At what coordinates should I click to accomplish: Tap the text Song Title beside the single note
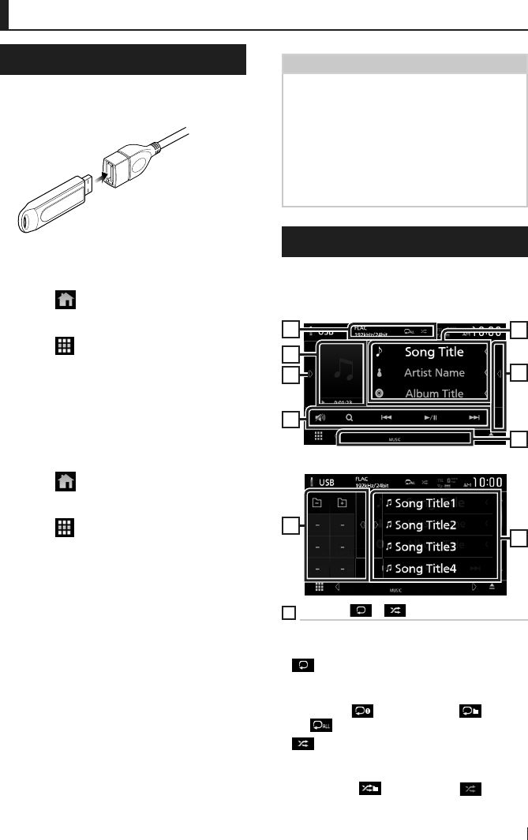click(x=434, y=352)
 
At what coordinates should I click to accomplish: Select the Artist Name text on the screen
click(x=434, y=372)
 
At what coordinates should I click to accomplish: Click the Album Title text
click(x=434, y=393)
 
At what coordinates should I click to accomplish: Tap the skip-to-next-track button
click(x=474, y=417)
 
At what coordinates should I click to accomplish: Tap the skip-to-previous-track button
click(x=386, y=417)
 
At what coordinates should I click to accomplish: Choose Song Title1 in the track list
click(x=425, y=503)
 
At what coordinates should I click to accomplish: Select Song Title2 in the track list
click(x=425, y=525)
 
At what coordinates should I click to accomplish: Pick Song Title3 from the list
click(x=425, y=546)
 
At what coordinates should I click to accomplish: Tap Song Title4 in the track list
click(x=425, y=568)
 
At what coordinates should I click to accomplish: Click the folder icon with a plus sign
click(x=343, y=502)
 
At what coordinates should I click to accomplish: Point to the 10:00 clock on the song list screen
click(x=486, y=482)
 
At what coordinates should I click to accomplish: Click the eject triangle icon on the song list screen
click(x=491, y=587)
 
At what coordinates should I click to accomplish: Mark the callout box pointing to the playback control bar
click(x=290, y=418)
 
